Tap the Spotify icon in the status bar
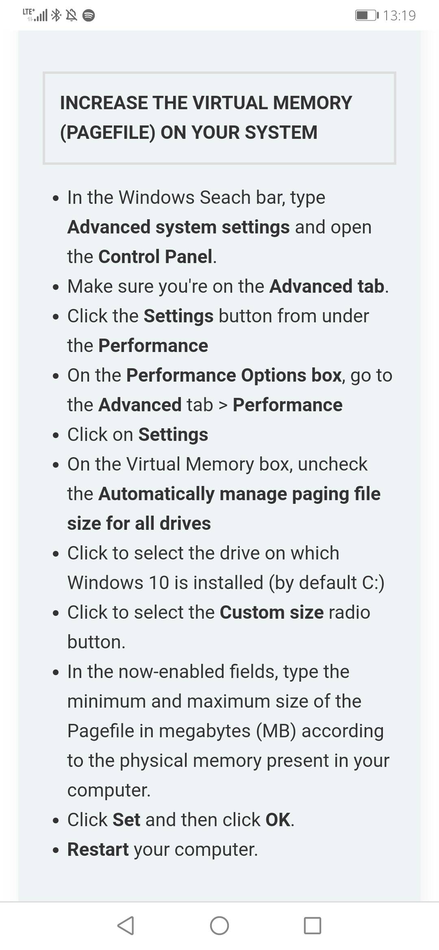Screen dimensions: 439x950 (89, 15)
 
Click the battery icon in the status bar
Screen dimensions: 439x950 (367, 15)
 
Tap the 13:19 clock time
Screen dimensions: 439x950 (399, 15)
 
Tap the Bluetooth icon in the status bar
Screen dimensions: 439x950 (57, 15)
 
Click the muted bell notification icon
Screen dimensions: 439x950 (72, 15)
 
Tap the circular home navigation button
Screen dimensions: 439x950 (219, 926)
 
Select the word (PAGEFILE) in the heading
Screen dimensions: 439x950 (108, 133)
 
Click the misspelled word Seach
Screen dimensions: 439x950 (225, 197)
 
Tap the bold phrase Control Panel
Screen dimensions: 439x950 (155, 257)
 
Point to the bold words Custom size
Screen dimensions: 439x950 (272, 612)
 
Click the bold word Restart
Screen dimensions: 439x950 (98, 849)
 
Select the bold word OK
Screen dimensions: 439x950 (278, 820)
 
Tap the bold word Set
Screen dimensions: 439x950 (126, 820)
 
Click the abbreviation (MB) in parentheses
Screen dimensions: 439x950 (276, 731)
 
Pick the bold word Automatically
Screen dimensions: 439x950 (156, 494)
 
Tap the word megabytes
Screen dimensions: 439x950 (204, 731)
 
